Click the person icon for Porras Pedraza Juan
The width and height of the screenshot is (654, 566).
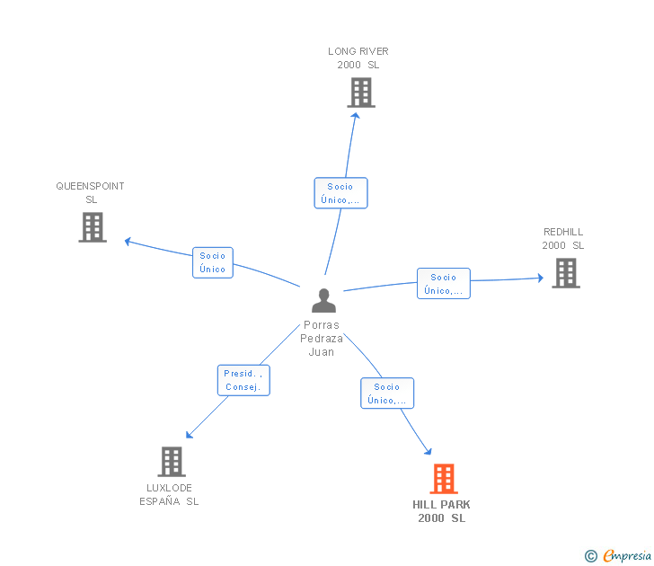pos(323,300)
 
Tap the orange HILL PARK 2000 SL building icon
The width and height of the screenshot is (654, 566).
pos(444,479)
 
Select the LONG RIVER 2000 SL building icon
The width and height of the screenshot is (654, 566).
pos(361,93)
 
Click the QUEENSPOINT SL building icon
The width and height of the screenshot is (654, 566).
pos(93,227)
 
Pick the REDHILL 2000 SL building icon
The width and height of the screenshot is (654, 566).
pos(566,273)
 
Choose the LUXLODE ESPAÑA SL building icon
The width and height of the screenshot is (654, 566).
pos(172,462)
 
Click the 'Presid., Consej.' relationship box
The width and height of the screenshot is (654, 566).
pos(243,380)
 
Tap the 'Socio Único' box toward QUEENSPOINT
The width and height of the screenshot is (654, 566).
pos(213,262)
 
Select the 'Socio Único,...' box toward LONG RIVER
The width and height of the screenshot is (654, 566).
pos(340,193)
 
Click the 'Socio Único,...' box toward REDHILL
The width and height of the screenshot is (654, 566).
pos(444,284)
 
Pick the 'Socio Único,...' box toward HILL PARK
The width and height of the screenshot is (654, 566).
pos(387,394)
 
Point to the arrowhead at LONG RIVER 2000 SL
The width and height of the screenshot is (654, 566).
pos(356,116)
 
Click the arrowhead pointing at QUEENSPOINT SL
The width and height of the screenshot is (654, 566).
pos(128,241)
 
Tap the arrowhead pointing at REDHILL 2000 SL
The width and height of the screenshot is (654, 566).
pos(541,278)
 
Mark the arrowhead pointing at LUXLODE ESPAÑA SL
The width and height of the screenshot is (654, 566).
pos(189,435)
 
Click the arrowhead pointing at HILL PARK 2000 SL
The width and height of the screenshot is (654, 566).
pos(428,451)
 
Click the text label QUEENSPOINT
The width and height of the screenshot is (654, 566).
pos(90,186)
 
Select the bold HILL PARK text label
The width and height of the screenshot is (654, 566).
pos(441,505)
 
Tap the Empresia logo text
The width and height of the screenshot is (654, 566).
pos(627,555)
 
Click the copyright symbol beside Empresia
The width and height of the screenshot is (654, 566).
pos(591,556)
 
